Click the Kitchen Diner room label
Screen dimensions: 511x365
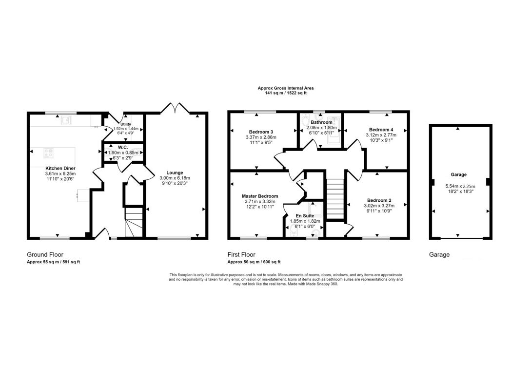(x=60, y=168)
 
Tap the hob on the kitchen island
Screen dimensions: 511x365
(x=49, y=153)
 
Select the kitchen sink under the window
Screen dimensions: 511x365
(x=66, y=120)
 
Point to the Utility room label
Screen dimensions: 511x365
(x=126, y=124)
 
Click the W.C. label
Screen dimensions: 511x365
(x=123, y=148)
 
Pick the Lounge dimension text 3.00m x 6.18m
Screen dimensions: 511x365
(x=175, y=178)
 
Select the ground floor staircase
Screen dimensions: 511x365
(x=134, y=223)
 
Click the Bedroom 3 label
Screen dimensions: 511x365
(x=261, y=132)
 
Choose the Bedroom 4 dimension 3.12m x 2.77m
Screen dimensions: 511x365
(x=381, y=135)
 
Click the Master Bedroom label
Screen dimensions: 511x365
(x=260, y=196)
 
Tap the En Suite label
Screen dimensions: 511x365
(x=305, y=215)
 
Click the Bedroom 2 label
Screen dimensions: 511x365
(x=379, y=200)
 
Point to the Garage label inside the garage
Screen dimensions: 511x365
(x=458, y=174)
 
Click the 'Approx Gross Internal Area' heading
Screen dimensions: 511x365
(x=285, y=88)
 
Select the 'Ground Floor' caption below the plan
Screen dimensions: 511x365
(x=45, y=254)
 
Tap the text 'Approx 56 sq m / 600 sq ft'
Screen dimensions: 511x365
(x=254, y=262)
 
